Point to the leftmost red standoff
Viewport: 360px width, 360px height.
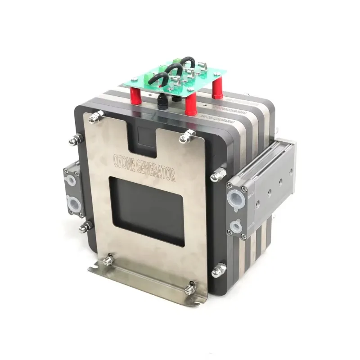tap(133, 95)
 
